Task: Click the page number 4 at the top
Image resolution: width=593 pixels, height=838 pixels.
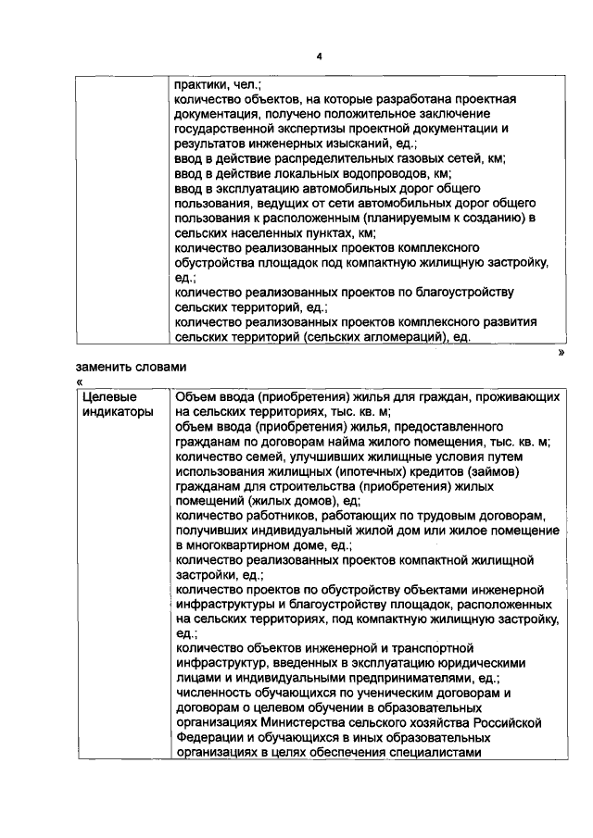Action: coord(318,56)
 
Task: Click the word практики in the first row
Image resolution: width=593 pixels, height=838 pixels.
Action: coord(201,83)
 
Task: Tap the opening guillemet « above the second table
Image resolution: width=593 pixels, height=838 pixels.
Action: coord(80,381)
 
